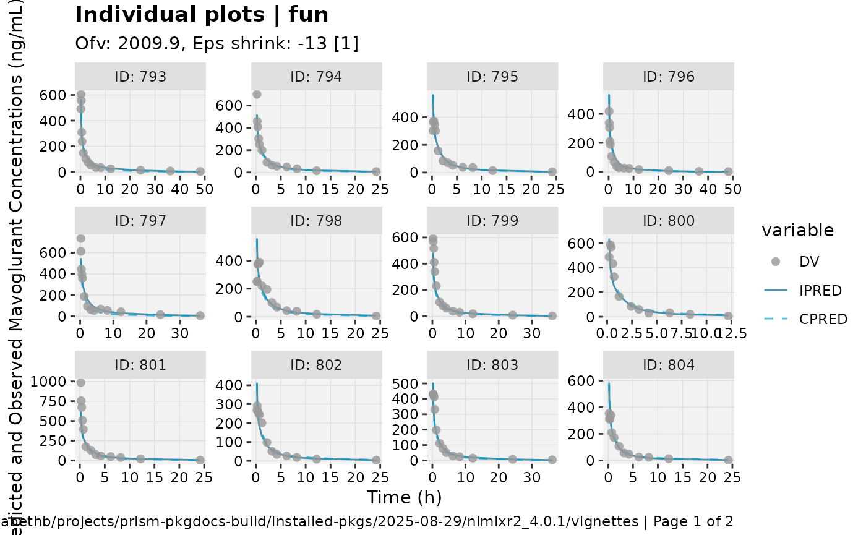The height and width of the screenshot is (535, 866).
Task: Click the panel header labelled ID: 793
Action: point(140,77)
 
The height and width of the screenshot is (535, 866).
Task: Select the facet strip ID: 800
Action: point(668,221)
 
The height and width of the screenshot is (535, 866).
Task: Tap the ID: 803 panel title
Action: point(492,366)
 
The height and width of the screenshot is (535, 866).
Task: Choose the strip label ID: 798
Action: point(316,221)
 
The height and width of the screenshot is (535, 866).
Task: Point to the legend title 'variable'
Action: point(797,231)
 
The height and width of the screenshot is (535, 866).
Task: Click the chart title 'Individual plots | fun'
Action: point(202,15)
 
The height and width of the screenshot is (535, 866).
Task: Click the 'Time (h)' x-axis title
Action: point(404,497)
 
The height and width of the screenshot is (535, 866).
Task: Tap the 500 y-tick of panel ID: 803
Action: point(413,384)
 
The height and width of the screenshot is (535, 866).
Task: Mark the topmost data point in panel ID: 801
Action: point(80,383)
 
